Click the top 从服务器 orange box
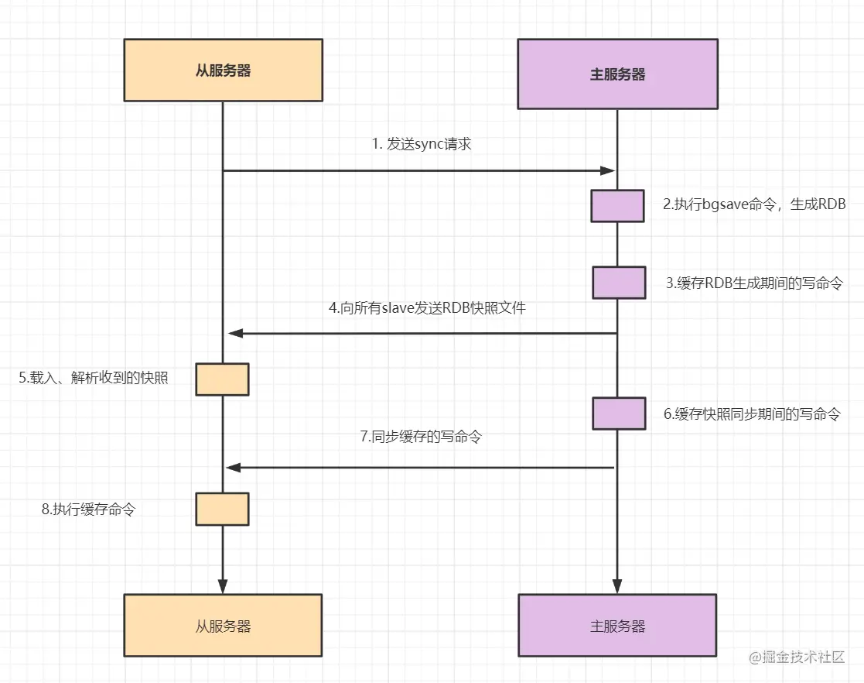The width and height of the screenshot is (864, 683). (x=224, y=70)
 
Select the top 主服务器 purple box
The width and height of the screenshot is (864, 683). (x=618, y=74)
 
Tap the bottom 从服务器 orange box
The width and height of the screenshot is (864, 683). (x=223, y=625)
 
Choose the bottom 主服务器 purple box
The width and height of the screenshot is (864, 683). (x=617, y=625)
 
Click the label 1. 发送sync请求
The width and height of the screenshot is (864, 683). (x=422, y=144)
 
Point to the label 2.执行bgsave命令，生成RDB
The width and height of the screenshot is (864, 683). (x=754, y=204)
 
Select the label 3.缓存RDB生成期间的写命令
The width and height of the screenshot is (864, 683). (x=754, y=283)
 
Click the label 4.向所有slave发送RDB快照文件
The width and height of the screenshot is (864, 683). (x=427, y=308)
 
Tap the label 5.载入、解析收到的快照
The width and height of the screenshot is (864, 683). (x=93, y=377)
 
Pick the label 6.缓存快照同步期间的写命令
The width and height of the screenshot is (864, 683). (x=752, y=414)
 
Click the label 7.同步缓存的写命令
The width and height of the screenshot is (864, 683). (x=421, y=437)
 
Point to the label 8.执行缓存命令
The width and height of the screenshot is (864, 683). (x=88, y=509)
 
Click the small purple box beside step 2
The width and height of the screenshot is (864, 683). (x=618, y=206)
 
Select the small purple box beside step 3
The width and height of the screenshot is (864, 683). (x=619, y=283)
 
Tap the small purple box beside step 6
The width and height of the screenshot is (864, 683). (x=619, y=414)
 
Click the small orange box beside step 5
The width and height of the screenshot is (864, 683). (x=222, y=379)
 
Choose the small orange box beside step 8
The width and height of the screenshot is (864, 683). (x=222, y=509)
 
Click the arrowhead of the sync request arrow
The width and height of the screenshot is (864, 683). (x=608, y=170)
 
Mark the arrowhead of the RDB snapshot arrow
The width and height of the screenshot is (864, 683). (x=236, y=333)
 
